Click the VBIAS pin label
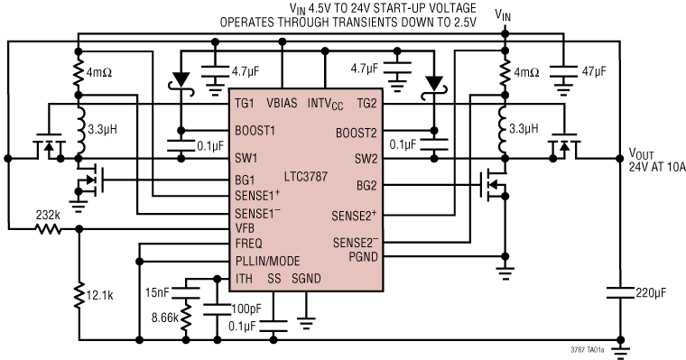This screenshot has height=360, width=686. click(x=283, y=104)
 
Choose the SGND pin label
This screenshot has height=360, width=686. click(x=308, y=280)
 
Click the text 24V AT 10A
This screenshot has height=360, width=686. click(x=656, y=166)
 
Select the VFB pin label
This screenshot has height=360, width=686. click(x=246, y=229)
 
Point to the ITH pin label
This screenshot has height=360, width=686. click(x=244, y=280)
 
